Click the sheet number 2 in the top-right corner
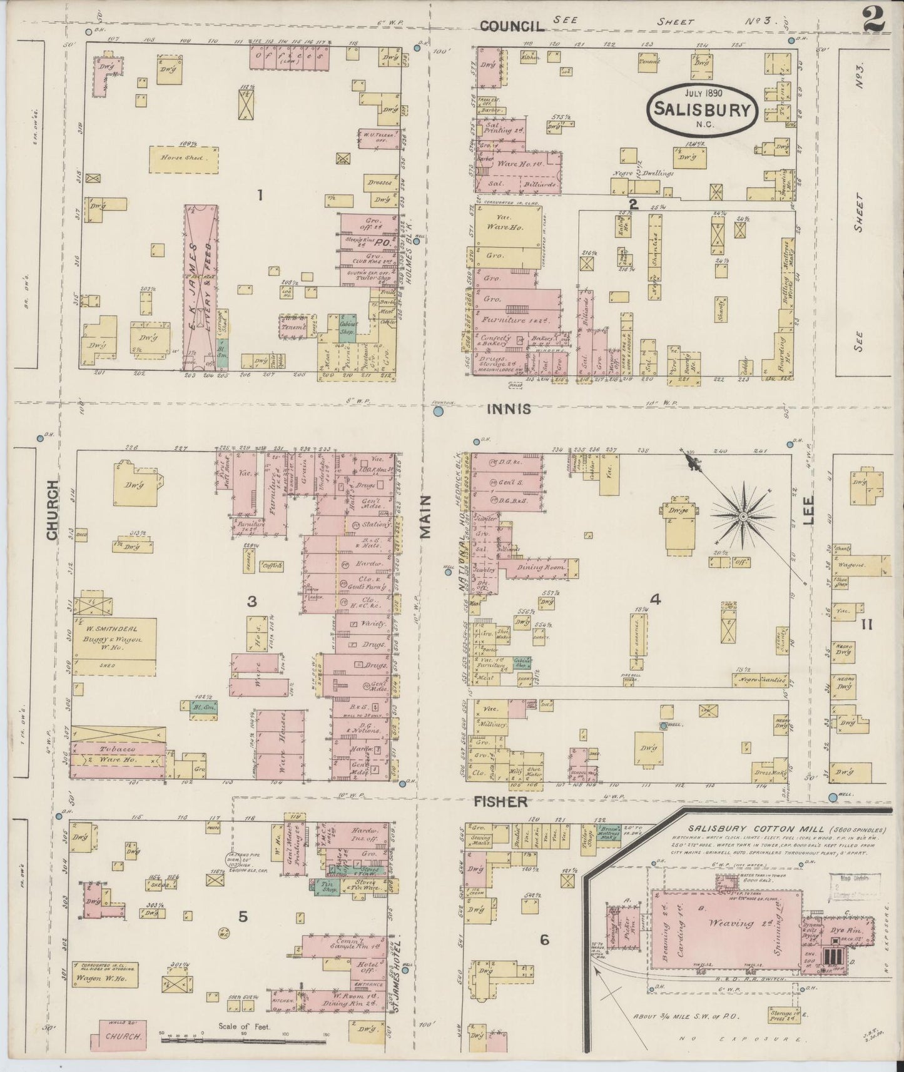point(873,19)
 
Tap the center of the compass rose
point(743,517)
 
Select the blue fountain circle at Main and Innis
point(439,412)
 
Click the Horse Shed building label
point(186,158)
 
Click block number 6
point(545,940)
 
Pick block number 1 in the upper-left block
point(259,196)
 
